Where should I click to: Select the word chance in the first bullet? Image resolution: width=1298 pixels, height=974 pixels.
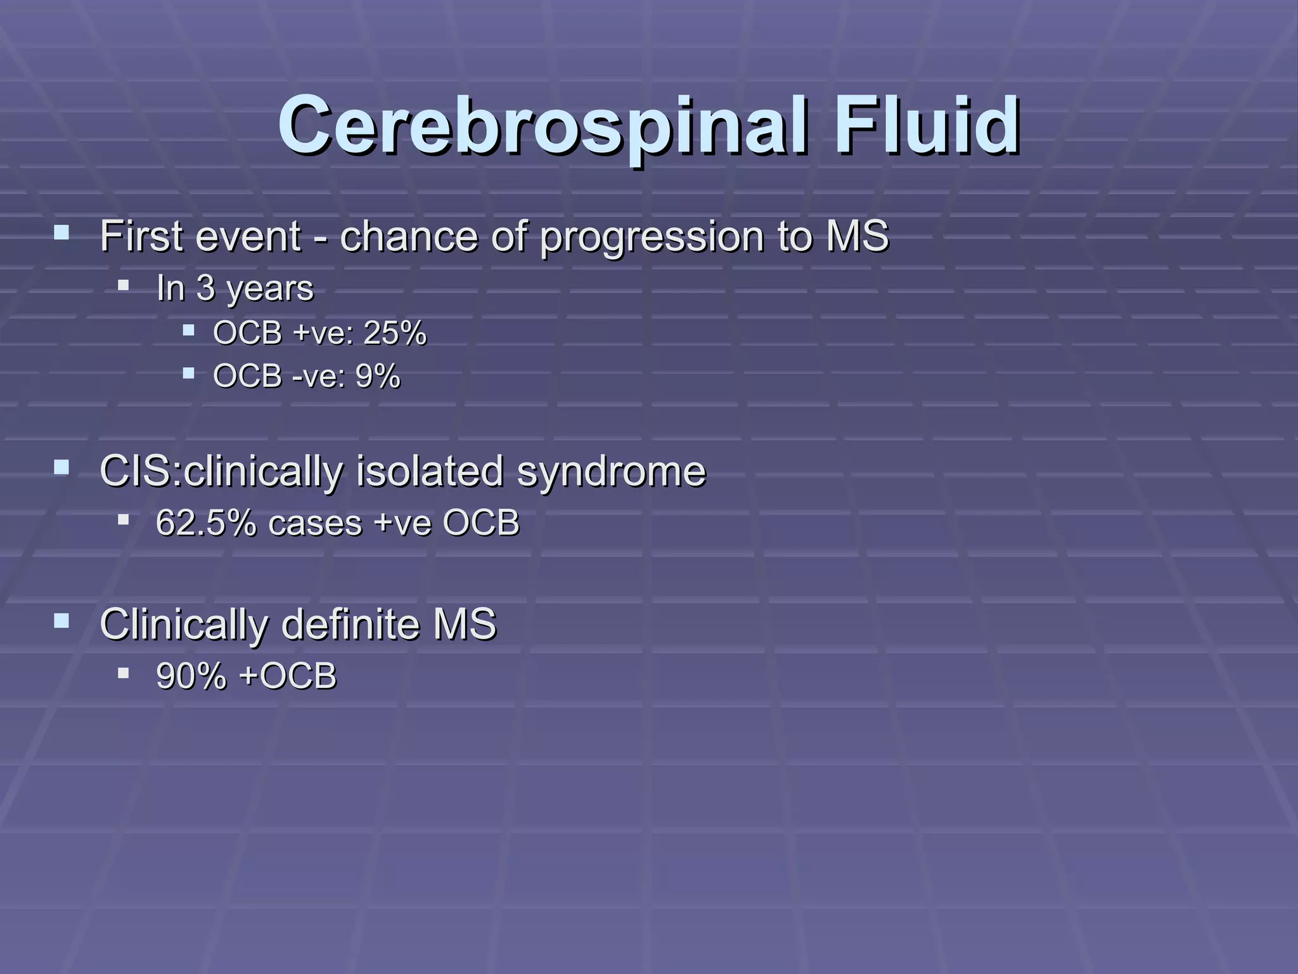pos(409,237)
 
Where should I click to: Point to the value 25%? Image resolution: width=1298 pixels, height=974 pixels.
pos(394,332)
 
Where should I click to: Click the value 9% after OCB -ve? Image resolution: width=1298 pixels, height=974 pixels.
pos(378,376)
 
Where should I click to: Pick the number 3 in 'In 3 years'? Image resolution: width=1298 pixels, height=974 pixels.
pos(205,288)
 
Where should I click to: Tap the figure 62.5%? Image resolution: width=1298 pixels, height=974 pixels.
pos(206,523)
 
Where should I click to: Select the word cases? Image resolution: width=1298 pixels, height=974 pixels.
pos(315,524)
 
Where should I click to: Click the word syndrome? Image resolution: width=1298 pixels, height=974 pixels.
pos(611,471)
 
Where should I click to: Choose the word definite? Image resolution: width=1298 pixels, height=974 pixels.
pos(350,624)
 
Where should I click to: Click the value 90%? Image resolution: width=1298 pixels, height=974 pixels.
pos(191,676)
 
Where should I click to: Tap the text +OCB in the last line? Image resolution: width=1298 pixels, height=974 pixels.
pos(288,676)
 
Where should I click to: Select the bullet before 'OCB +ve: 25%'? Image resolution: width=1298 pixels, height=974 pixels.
pos(188,330)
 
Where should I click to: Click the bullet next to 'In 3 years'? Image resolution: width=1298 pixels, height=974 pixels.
pos(123,285)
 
